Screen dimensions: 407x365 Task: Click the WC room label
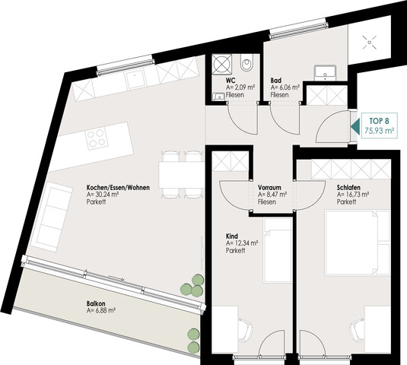pyautogui.click(x=231, y=81)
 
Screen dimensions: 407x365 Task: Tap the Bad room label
pyautogui.click(x=276, y=81)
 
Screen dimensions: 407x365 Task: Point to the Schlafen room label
pyautogui.click(x=348, y=187)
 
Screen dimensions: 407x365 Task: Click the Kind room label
pyautogui.click(x=232, y=236)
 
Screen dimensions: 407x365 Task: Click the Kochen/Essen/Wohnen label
pyautogui.click(x=118, y=187)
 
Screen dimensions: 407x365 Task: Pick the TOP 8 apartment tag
pyautogui.click(x=379, y=125)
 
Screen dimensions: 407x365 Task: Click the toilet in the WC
pyautogui.click(x=246, y=63)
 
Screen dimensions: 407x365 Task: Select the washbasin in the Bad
pyautogui.click(x=326, y=73)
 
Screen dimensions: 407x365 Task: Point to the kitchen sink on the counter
pyautogui.click(x=134, y=79)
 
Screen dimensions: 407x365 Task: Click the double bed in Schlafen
pyautogui.click(x=358, y=243)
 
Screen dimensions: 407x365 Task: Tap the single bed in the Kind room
pyautogui.click(x=278, y=250)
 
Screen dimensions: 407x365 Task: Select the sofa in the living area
pyautogui.click(x=52, y=217)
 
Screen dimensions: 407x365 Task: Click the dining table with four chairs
pyautogui.click(x=181, y=175)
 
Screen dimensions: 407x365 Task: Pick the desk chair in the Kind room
pyautogui.click(x=245, y=330)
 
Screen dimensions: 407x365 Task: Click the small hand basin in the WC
pyautogui.click(x=219, y=97)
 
